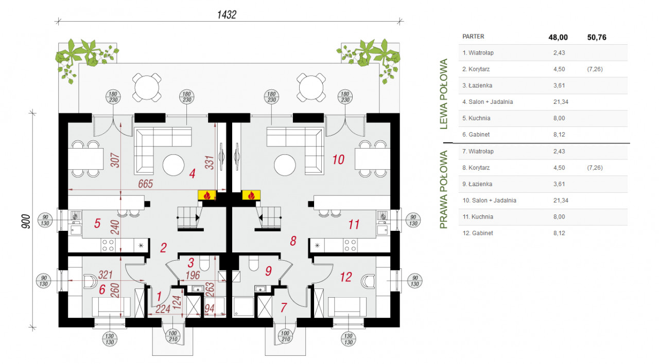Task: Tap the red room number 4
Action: [192, 174]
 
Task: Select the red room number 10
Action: [338, 159]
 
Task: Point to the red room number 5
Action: [97, 224]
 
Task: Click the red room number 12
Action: [345, 278]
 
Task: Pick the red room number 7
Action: [284, 308]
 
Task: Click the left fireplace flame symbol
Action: [206, 195]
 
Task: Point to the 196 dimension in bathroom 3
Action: [194, 276]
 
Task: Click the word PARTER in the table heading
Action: [473, 37]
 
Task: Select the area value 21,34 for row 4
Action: [559, 102]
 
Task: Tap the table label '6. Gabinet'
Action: [477, 135]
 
